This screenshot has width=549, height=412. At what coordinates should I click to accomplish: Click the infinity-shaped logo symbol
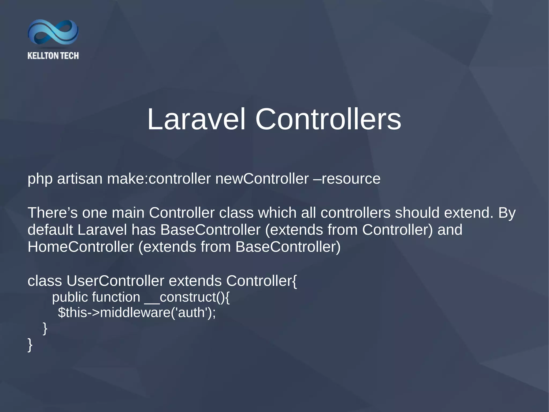(53, 32)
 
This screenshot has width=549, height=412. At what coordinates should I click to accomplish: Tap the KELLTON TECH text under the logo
(53, 56)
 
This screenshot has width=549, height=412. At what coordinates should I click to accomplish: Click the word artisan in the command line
(80, 179)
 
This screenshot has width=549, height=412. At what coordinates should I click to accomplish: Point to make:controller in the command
(159, 179)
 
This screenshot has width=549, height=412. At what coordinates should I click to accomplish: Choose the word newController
(262, 179)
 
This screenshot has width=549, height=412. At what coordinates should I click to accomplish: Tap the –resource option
(347, 179)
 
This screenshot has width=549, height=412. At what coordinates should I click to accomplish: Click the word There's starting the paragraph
(53, 213)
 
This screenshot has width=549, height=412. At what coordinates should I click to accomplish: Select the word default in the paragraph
(50, 230)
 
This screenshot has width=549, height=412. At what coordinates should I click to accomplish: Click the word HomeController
(80, 247)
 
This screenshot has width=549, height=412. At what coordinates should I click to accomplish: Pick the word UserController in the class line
(115, 281)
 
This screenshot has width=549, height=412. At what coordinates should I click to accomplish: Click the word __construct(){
(187, 297)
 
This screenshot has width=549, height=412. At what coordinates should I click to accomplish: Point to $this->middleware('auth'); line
(137, 313)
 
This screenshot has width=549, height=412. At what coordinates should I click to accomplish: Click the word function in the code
(116, 297)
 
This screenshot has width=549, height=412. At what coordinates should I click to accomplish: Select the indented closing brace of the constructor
(45, 328)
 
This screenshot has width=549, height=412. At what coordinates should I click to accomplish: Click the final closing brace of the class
(30, 345)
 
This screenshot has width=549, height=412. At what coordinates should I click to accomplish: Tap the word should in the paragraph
(417, 213)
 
